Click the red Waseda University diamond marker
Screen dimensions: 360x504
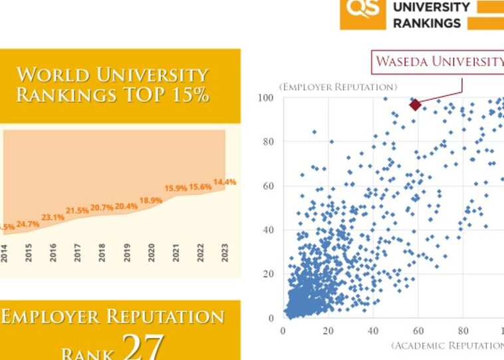pyautogui.click(x=416, y=104)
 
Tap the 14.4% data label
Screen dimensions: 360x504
pyautogui.click(x=225, y=182)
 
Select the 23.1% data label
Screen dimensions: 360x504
pyautogui.click(x=53, y=217)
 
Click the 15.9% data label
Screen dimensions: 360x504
pyautogui.click(x=176, y=188)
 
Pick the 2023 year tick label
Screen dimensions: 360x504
pyautogui.click(x=225, y=254)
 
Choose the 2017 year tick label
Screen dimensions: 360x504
pyautogui.click(x=77, y=254)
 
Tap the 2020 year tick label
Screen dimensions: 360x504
pyautogui.click(x=151, y=254)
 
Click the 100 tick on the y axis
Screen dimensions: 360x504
pyautogui.click(x=265, y=98)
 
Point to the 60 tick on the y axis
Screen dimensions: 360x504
pyautogui.click(x=268, y=186)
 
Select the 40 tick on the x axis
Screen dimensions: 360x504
pyautogui.click(x=374, y=330)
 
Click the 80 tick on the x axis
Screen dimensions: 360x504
pyautogui.click(x=463, y=330)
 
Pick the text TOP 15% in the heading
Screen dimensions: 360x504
pyautogui.click(x=169, y=95)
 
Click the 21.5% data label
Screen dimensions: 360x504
pyautogui.click(x=77, y=210)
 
